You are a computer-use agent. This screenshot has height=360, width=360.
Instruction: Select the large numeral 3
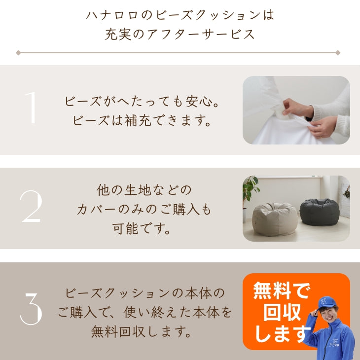point(32,308)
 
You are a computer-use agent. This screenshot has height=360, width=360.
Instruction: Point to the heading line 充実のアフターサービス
point(180,34)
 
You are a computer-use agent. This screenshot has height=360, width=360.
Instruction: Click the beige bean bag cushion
point(275,218)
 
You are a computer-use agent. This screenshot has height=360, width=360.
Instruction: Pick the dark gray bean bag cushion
point(319,212)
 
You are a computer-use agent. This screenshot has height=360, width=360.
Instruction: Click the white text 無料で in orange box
point(281,291)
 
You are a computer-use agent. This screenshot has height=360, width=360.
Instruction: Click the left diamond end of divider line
point(18,52)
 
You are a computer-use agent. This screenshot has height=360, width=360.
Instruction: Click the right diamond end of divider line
point(338,52)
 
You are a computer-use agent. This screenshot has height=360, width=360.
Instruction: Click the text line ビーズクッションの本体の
point(144,292)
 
